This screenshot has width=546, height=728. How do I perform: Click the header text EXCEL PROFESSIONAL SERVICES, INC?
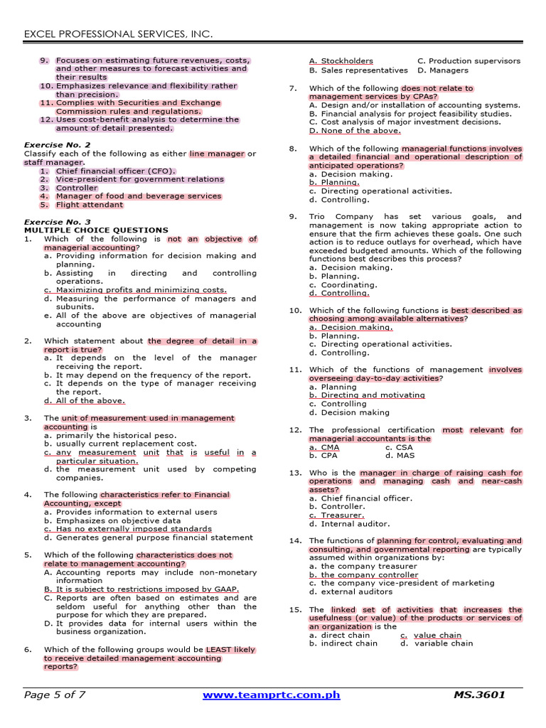[x=119, y=34]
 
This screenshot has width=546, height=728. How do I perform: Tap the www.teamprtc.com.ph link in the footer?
[x=272, y=695]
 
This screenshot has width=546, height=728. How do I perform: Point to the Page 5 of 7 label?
[x=55, y=695]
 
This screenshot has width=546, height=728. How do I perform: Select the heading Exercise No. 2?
[x=58, y=145]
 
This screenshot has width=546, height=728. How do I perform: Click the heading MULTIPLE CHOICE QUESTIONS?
[x=96, y=230]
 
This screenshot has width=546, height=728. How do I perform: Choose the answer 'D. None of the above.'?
[x=345, y=131]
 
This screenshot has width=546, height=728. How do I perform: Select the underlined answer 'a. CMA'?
[x=324, y=448]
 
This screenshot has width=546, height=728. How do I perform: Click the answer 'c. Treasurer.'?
[x=337, y=515]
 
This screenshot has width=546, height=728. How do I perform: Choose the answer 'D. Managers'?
[x=443, y=70]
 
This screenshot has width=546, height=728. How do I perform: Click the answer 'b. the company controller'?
[x=364, y=575]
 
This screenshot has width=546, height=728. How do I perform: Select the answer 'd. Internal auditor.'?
[x=350, y=524]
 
